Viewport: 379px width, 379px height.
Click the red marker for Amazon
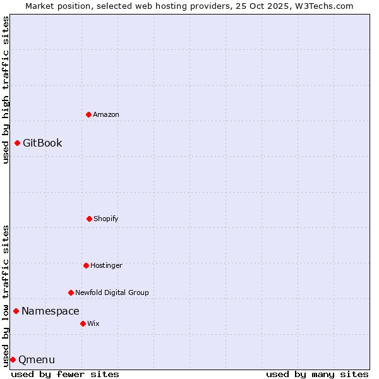tap(88, 114)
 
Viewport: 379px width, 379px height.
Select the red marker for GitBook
tap(17, 143)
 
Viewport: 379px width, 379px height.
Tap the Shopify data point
tap(89, 219)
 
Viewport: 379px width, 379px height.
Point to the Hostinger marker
tap(86, 265)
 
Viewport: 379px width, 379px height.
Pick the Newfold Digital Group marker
tap(71, 292)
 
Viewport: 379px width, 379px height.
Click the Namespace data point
tap(16, 311)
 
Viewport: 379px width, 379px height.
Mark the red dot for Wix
tap(83, 323)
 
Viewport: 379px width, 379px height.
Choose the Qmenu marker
tap(13, 359)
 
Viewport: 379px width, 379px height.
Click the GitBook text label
tap(42, 143)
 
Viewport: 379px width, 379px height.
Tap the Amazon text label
tap(106, 114)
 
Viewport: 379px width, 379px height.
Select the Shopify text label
tap(106, 219)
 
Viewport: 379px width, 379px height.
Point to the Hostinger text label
tap(106, 265)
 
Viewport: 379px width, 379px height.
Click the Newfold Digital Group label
tap(112, 292)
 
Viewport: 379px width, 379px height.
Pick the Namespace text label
tap(51, 311)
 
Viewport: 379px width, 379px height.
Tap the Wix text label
tap(93, 323)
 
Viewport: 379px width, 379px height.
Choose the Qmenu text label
tap(37, 360)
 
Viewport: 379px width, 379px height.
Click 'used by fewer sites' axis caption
tap(65, 374)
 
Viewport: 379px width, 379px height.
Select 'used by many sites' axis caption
tap(317, 374)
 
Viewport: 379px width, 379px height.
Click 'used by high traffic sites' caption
tap(6, 90)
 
